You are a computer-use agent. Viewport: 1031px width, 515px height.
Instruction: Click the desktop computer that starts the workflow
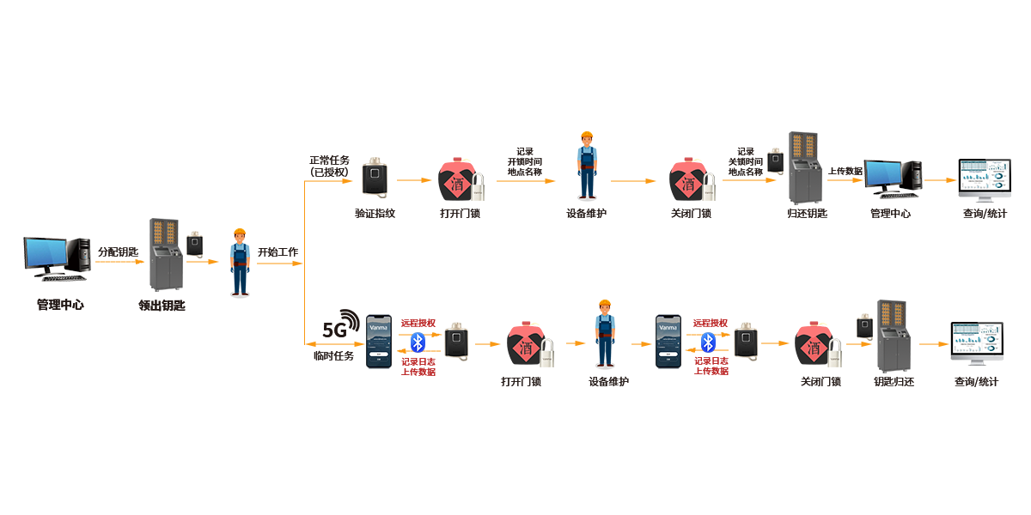click(x=57, y=258)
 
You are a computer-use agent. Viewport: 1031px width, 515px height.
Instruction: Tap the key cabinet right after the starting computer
click(x=166, y=255)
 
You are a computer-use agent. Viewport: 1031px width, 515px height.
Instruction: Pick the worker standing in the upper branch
click(x=587, y=167)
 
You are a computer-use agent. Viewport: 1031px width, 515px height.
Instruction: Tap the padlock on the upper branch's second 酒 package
click(x=711, y=186)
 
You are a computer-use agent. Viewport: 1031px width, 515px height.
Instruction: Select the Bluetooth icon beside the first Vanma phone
click(x=418, y=342)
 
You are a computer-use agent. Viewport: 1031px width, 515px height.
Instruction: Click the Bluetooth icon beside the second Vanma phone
click(x=707, y=342)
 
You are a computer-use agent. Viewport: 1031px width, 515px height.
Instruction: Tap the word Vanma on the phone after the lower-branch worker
click(x=667, y=327)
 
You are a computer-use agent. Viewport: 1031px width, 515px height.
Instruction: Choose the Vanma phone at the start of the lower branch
click(x=378, y=342)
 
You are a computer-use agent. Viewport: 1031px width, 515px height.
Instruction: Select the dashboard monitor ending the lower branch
click(x=977, y=343)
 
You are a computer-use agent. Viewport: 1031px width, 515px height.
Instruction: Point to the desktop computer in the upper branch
click(x=891, y=179)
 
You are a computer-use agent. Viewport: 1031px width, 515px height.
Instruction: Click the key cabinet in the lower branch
click(x=893, y=336)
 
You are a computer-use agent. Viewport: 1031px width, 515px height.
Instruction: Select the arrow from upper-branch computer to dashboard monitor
click(x=943, y=180)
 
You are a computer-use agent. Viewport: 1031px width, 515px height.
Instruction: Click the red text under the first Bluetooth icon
click(x=418, y=367)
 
